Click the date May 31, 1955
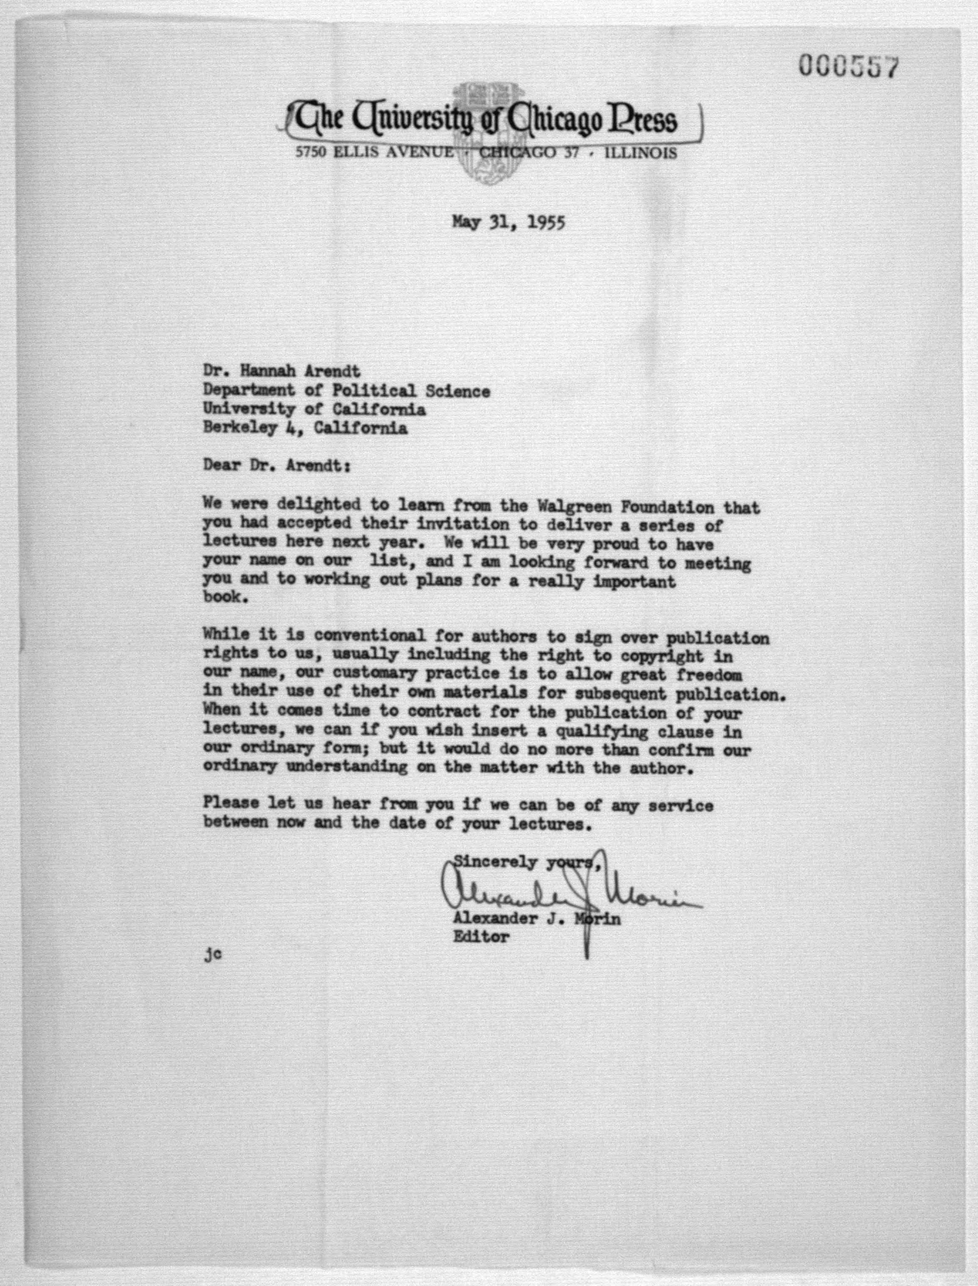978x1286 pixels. tap(508, 222)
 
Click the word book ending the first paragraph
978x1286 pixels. tap(223, 598)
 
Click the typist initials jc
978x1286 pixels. tap(213, 955)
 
